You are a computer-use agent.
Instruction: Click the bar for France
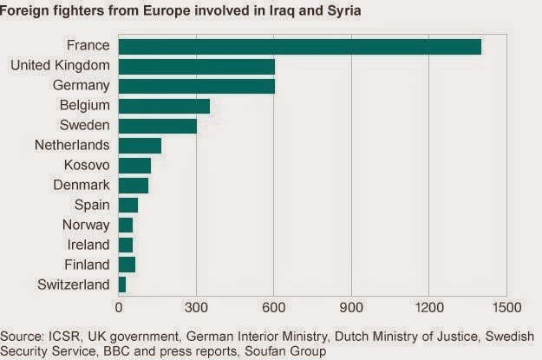pyautogui.click(x=299, y=47)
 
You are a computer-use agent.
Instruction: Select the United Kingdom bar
pyautogui.click(x=196, y=66)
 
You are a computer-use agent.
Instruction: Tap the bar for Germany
pyautogui.click(x=196, y=85)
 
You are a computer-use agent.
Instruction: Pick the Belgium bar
pyautogui.click(x=164, y=105)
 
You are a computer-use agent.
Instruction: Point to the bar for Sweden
pyautogui.click(x=157, y=125)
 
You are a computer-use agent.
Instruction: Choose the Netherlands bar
pyautogui.click(x=140, y=145)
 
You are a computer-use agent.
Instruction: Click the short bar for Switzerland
pyautogui.click(x=122, y=284)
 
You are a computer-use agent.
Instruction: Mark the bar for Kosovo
pyautogui.click(x=134, y=165)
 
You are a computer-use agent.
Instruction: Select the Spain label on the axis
pyautogui.click(x=92, y=205)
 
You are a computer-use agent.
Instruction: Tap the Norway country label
pyautogui.click(x=88, y=225)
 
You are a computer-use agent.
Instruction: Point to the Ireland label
pyautogui.click(x=89, y=244)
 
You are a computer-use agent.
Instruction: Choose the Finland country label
pyautogui.click(x=88, y=264)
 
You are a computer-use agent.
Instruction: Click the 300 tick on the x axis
pyautogui.click(x=196, y=306)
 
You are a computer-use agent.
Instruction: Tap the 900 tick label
pyautogui.click(x=351, y=306)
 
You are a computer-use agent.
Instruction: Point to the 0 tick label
pyautogui.click(x=119, y=306)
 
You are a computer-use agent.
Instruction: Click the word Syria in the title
pyautogui.click(x=339, y=13)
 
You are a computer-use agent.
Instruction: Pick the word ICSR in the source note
pyautogui.click(x=64, y=336)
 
